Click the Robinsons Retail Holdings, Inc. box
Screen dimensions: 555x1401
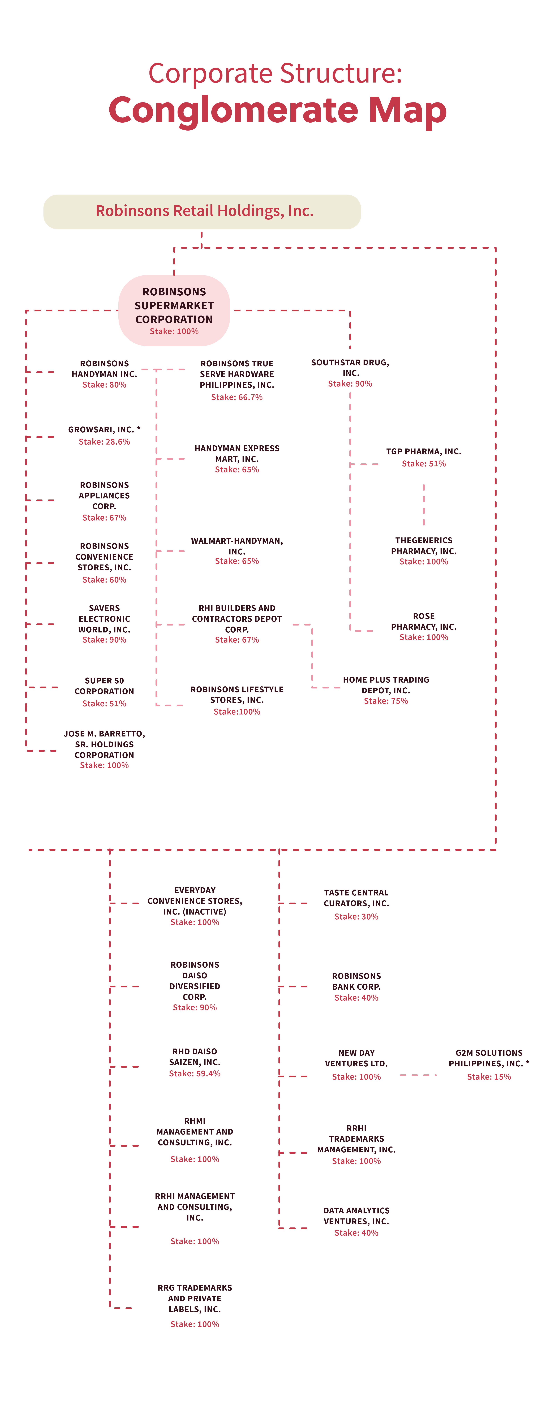pyautogui.click(x=202, y=212)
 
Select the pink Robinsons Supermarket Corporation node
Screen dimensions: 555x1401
pyautogui.click(x=174, y=311)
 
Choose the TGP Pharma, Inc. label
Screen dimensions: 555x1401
pyautogui.click(x=424, y=451)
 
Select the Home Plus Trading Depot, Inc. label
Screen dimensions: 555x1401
pyautogui.click(x=386, y=685)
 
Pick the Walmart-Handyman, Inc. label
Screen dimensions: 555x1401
pyautogui.click(x=237, y=546)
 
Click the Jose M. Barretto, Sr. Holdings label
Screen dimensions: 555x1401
pyautogui.click(x=105, y=744)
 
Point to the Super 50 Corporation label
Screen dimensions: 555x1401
pyautogui.click(x=105, y=686)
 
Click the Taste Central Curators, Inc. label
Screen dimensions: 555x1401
pyautogui.click(x=356, y=898)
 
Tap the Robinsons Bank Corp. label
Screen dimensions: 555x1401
pyautogui.click(x=356, y=981)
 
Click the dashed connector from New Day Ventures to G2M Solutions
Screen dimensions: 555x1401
pyautogui.click(x=418, y=1075)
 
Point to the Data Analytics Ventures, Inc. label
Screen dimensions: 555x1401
pyautogui.click(x=356, y=1215)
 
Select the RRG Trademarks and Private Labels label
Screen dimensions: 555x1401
pyautogui.click(x=195, y=1298)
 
